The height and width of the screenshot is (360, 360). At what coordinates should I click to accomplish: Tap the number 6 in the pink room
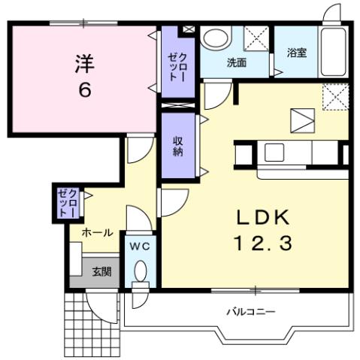tap(83, 90)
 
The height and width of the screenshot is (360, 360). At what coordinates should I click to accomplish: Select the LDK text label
tap(263, 217)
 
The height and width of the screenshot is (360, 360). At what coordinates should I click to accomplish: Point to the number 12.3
tap(263, 244)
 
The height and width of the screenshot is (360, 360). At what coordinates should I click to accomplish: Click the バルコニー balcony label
tap(251, 310)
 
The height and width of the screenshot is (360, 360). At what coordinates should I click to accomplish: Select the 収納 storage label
tap(178, 146)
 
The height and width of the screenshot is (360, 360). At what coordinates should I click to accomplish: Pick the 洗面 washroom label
tap(236, 63)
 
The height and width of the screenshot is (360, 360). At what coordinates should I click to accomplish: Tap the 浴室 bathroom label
tap(296, 53)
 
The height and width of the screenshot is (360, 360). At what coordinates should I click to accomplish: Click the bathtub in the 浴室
tap(332, 53)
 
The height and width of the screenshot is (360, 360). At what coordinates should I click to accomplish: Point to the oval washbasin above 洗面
tap(217, 39)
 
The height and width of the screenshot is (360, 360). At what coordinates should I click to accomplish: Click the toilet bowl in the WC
tap(141, 272)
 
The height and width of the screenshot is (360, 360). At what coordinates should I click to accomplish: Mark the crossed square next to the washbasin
tap(256, 38)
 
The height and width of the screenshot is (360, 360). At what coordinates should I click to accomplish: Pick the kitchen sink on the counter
tap(273, 153)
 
